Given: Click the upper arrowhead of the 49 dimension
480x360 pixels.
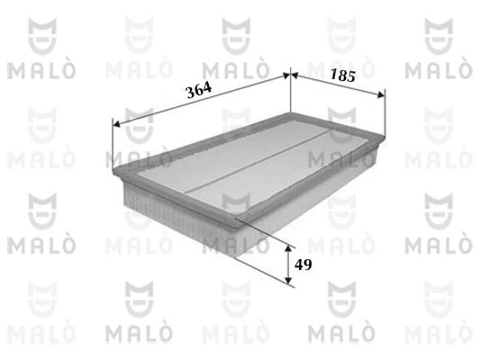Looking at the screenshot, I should [288, 246].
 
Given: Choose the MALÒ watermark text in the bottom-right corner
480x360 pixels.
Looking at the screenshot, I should [441, 336].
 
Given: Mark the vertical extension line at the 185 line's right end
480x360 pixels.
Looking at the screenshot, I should [385, 112].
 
